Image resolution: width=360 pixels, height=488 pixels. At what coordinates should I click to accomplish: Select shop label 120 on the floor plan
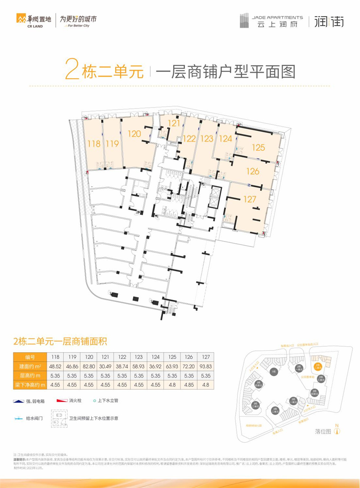click(135, 134)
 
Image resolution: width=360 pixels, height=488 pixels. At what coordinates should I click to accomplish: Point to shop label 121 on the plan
click(174, 123)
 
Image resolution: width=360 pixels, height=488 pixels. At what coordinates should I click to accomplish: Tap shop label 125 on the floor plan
click(258, 147)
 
